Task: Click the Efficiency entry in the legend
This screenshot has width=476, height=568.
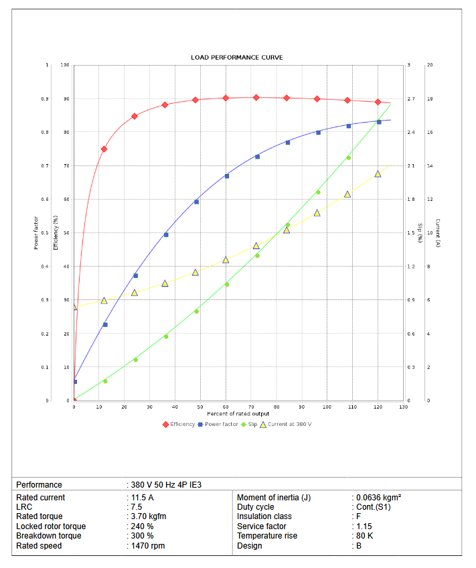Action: pyautogui.click(x=182, y=424)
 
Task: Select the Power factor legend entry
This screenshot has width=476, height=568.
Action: pyautogui.click(x=221, y=424)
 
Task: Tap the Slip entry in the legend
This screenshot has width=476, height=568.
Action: pyautogui.click(x=252, y=424)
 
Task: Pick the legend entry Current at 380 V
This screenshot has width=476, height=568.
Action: pyautogui.click(x=289, y=424)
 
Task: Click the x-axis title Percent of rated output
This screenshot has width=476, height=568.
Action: pyautogui.click(x=238, y=414)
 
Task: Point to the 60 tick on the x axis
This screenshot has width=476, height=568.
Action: pyautogui.click(x=226, y=407)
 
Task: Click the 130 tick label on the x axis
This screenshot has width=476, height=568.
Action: pyautogui.click(x=403, y=407)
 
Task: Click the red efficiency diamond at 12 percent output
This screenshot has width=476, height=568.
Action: pyautogui.click(x=104, y=149)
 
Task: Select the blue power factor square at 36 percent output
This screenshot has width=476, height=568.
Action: pyautogui.click(x=166, y=234)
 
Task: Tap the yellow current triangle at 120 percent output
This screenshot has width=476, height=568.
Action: pyautogui.click(x=378, y=174)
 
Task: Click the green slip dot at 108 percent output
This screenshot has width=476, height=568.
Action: pyautogui.click(x=348, y=157)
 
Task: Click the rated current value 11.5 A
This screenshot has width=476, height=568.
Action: pyautogui.click(x=142, y=498)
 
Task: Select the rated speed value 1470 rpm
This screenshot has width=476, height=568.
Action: pyautogui.click(x=148, y=546)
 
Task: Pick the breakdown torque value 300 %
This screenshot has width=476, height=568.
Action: pyautogui.click(x=143, y=536)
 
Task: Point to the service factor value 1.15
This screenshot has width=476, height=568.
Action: pyautogui.click(x=364, y=526)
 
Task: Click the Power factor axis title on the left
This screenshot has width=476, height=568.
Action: pyautogui.click(x=36, y=233)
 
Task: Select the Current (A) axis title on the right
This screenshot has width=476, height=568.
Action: pyautogui.click(x=437, y=233)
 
